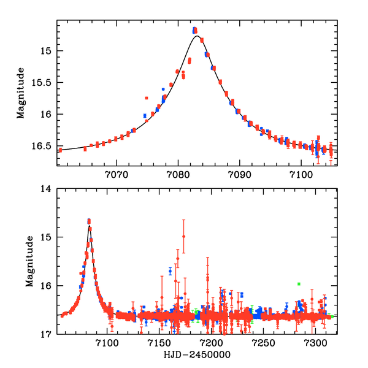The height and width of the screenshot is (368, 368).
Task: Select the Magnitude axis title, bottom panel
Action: [x=29, y=262]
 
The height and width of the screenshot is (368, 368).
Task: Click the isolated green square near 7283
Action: [x=299, y=284]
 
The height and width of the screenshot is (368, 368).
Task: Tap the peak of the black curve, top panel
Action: [x=196, y=36]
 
